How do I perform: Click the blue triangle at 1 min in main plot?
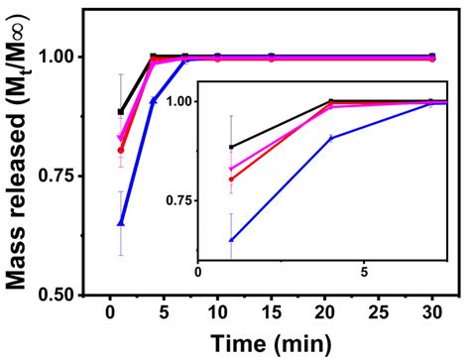coord(121,223)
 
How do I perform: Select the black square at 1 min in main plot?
coord(121,112)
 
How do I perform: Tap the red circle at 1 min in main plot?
coord(121,150)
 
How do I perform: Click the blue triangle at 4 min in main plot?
coord(153,100)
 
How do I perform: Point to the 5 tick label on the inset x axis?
coord(363,273)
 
